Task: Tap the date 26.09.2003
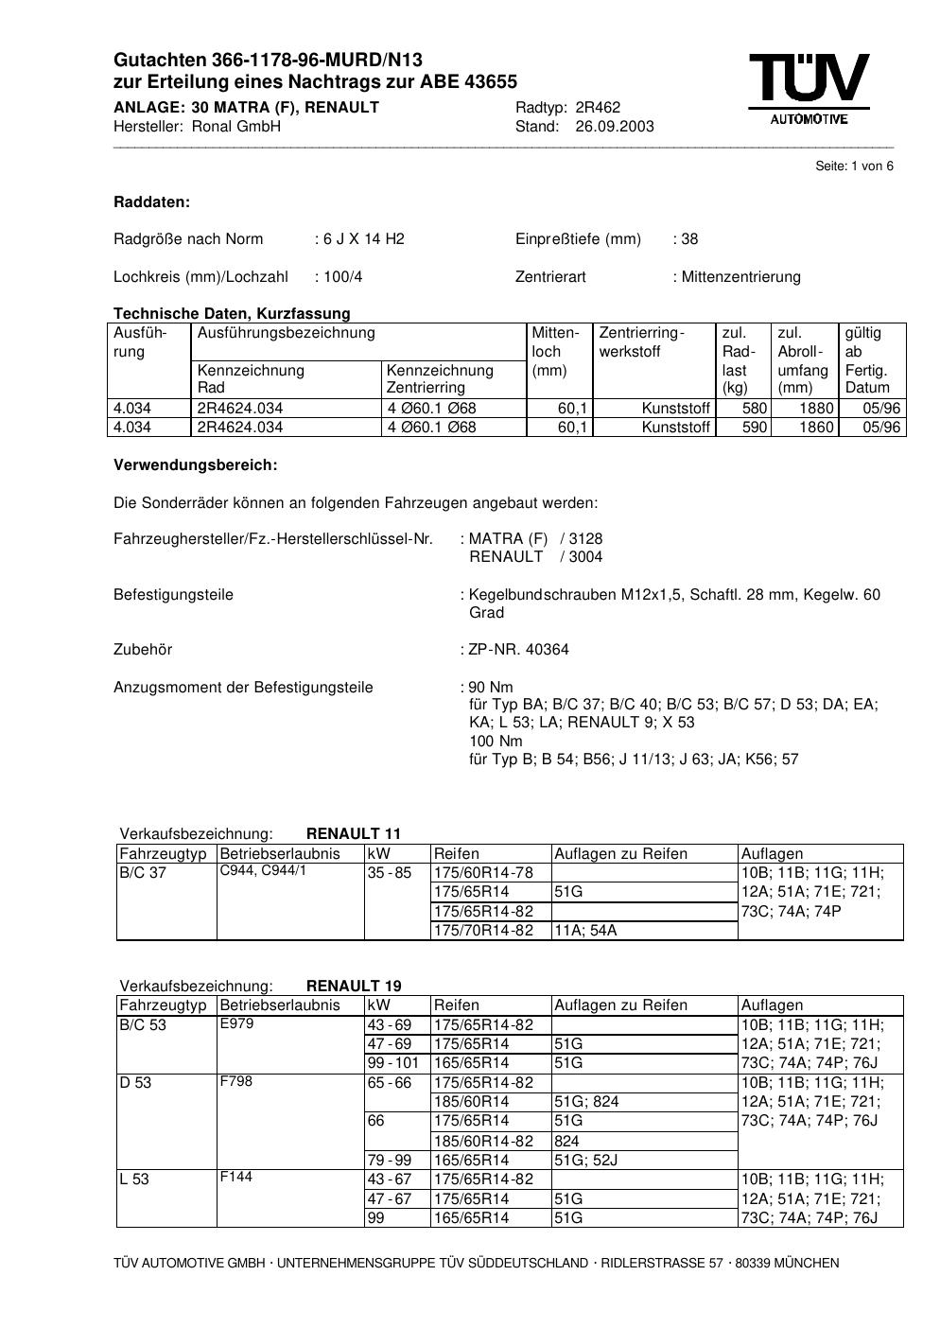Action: (x=614, y=127)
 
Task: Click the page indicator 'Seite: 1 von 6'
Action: (x=854, y=166)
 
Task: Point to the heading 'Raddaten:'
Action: (x=151, y=202)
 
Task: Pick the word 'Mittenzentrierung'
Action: (x=740, y=277)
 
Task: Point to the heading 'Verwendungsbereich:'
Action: (x=195, y=465)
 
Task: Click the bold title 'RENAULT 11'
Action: (x=354, y=834)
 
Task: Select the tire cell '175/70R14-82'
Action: (x=483, y=931)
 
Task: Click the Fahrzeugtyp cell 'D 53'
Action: (x=135, y=1083)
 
